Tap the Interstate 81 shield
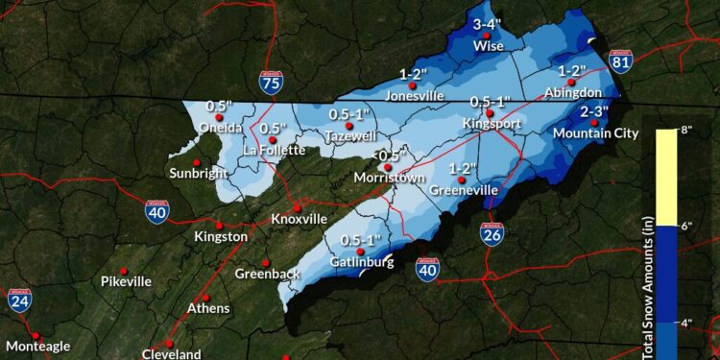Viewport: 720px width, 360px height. (x=621, y=62)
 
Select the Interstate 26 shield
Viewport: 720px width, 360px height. (x=492, y=232)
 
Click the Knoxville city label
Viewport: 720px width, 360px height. (x=299, y=219)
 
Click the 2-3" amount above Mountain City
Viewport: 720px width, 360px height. (x=596, y=111)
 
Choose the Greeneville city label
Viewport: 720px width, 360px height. (x=463, y=190)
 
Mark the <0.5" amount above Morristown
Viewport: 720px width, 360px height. (x=389, y=156)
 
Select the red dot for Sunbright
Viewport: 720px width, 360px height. (x=196, y=161)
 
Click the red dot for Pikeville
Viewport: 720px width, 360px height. (x=123, y=271)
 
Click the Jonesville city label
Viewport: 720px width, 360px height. (x=416, y=96)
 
